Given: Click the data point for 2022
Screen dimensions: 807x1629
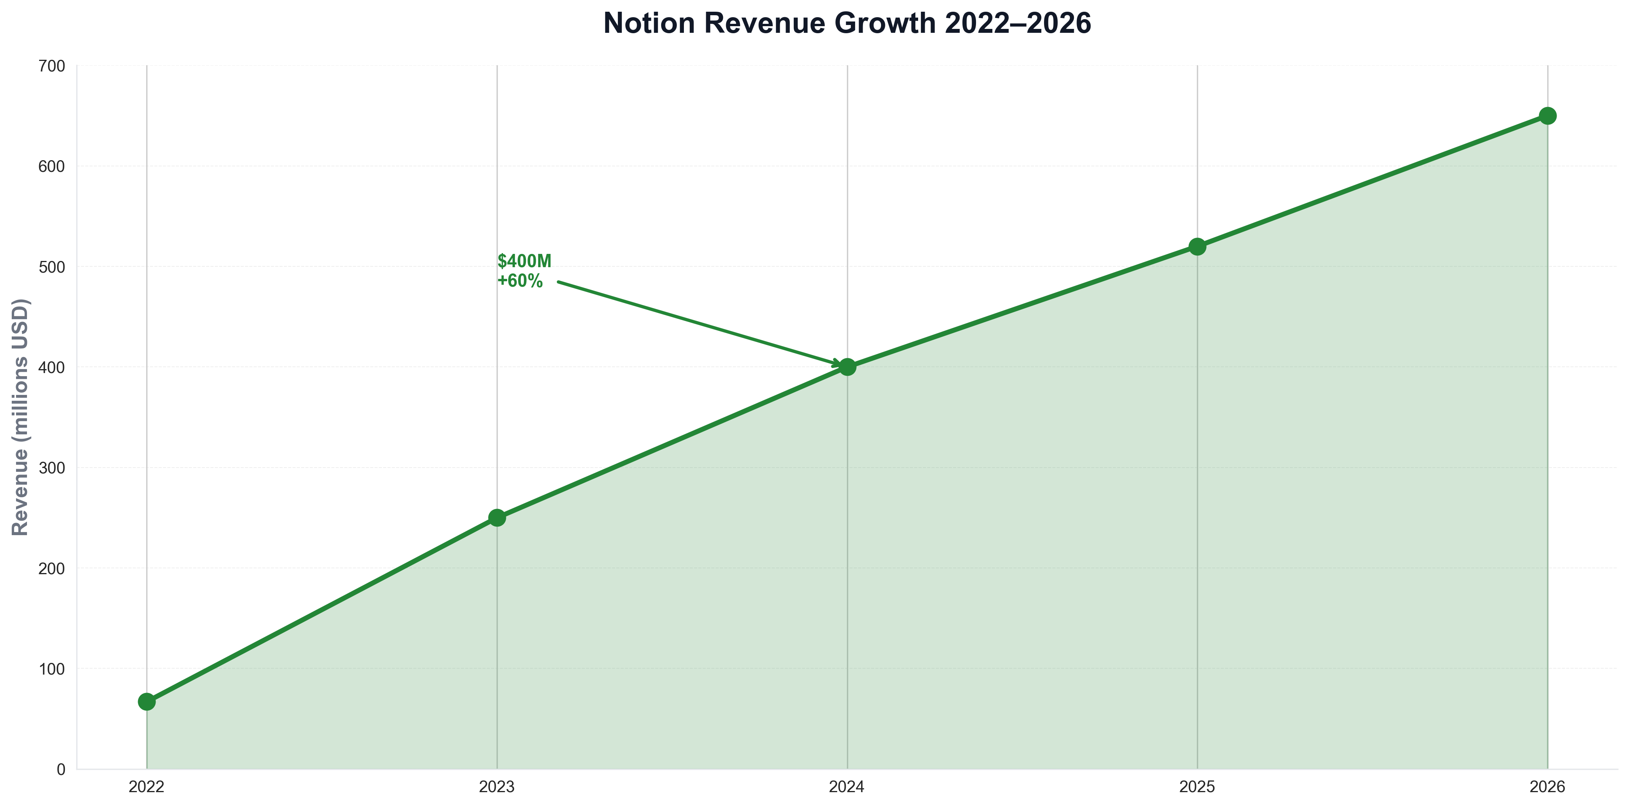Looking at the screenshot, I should pos(147,702).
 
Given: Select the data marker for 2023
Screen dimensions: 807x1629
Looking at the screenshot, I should pos(497,518).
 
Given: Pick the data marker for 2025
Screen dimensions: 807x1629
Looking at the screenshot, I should pos(1197,246).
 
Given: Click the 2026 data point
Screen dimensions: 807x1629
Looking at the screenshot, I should pos(1547,116).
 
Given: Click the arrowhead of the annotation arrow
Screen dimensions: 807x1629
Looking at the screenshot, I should pos(836,364).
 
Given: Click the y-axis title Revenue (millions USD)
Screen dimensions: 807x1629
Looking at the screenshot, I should pos(20,417).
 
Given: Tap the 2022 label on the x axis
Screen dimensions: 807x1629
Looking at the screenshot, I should pos(147,787).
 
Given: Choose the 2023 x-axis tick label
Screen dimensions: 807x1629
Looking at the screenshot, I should pos(497,787).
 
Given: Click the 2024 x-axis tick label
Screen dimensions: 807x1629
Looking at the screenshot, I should pos(847,787).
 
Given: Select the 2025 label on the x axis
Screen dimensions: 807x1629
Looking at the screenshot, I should pos(1197,787).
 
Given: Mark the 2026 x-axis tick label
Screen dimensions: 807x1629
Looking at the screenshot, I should pos(1547,787).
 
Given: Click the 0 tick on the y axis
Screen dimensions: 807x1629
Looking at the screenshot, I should pos(61,769).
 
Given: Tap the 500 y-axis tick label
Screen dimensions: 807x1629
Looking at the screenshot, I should pos(52,267).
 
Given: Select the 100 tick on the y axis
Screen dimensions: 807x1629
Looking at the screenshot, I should pos(52,669).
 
